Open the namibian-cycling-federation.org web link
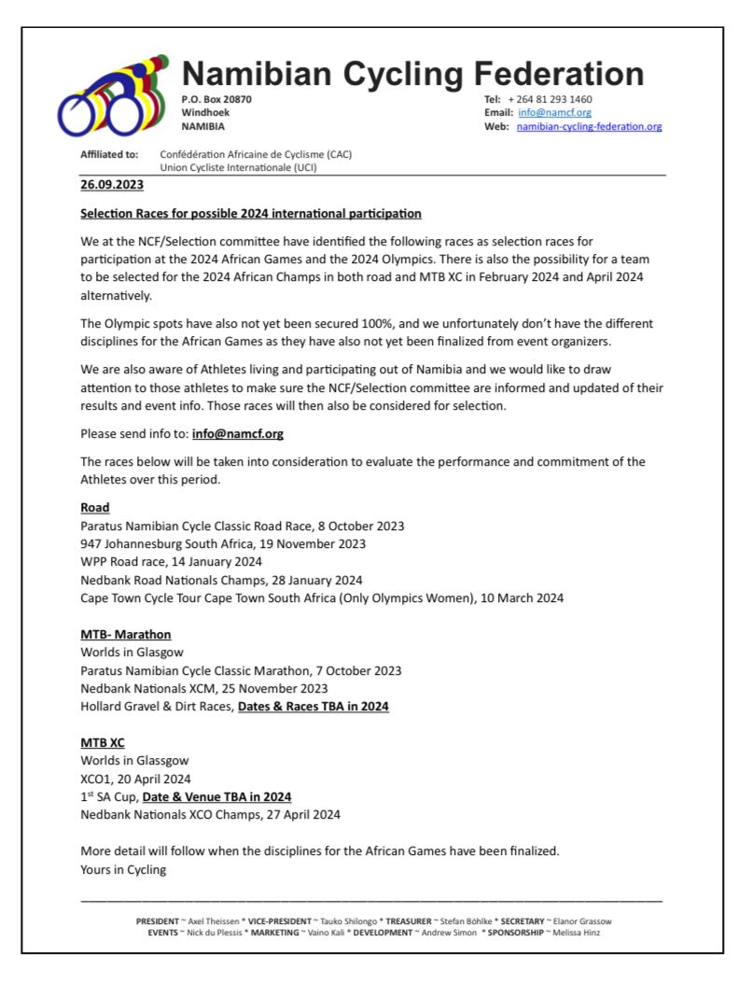589,127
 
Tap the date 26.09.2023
111,185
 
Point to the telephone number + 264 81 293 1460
550,99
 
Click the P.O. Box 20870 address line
216,99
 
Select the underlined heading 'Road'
95,509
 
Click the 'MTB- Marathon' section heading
125,635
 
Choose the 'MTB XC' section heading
103,743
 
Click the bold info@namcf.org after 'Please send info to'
237,434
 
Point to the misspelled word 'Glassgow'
159,761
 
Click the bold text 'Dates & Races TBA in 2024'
313,707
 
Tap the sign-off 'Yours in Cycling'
123,870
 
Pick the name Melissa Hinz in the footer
578,933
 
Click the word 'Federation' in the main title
558,74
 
